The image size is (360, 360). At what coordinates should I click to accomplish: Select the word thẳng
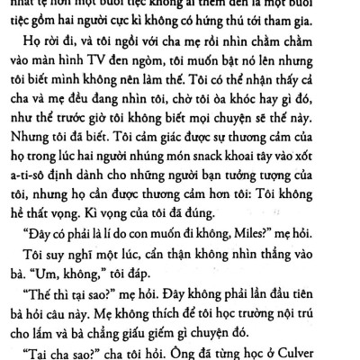tap(289, 254)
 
